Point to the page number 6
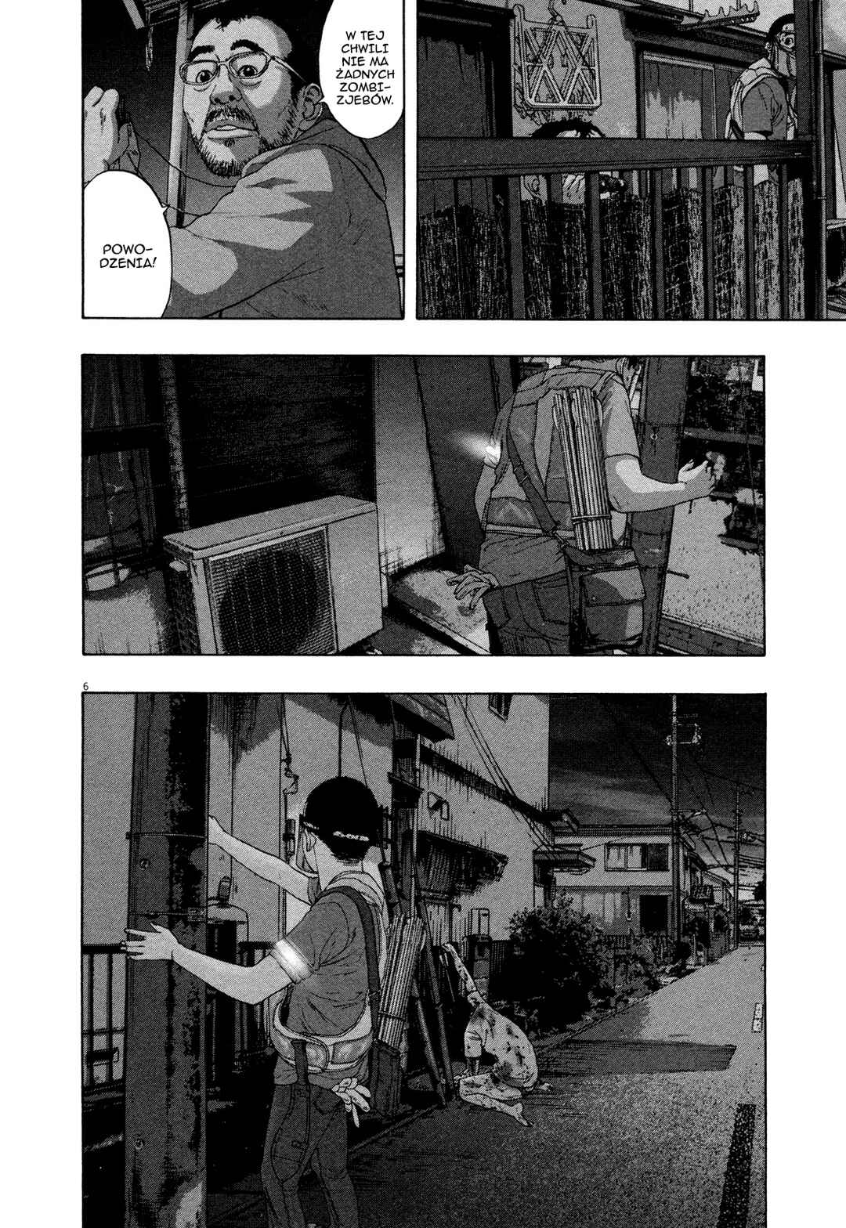click(86, 686)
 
